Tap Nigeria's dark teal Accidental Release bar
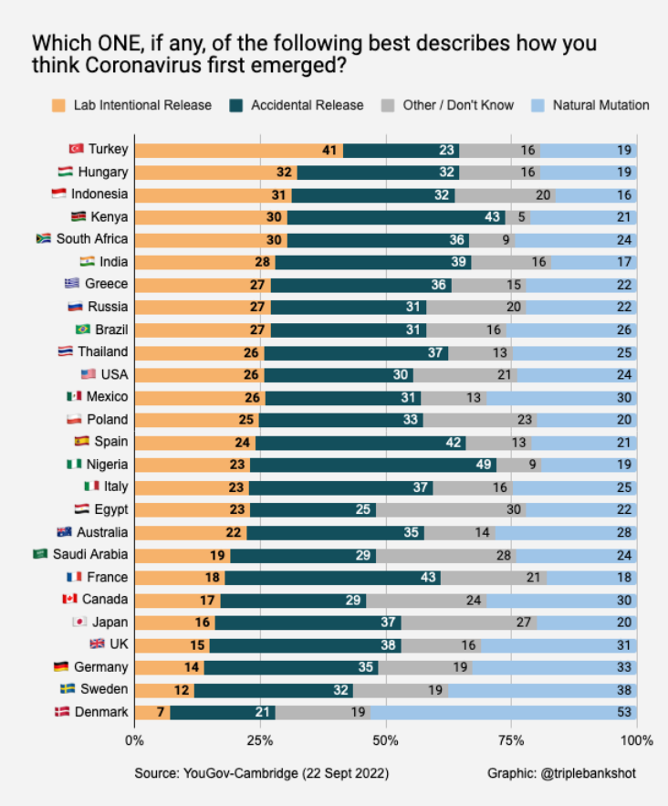pyautogui.click(x=372, y=465)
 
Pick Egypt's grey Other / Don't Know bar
pyautogui.click(x=451, y=509)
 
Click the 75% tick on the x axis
pyautogui.click(x=512, y=739)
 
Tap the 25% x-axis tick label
pyautogui.click(x=260, y=739)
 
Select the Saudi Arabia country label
pyautogui.click(x=91, y=554)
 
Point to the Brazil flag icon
pyautogui.click(x=83, y=330)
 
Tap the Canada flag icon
pyautogui.click(x=68, y=600)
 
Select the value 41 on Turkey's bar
pyautogui.click(x=330, y=150)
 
